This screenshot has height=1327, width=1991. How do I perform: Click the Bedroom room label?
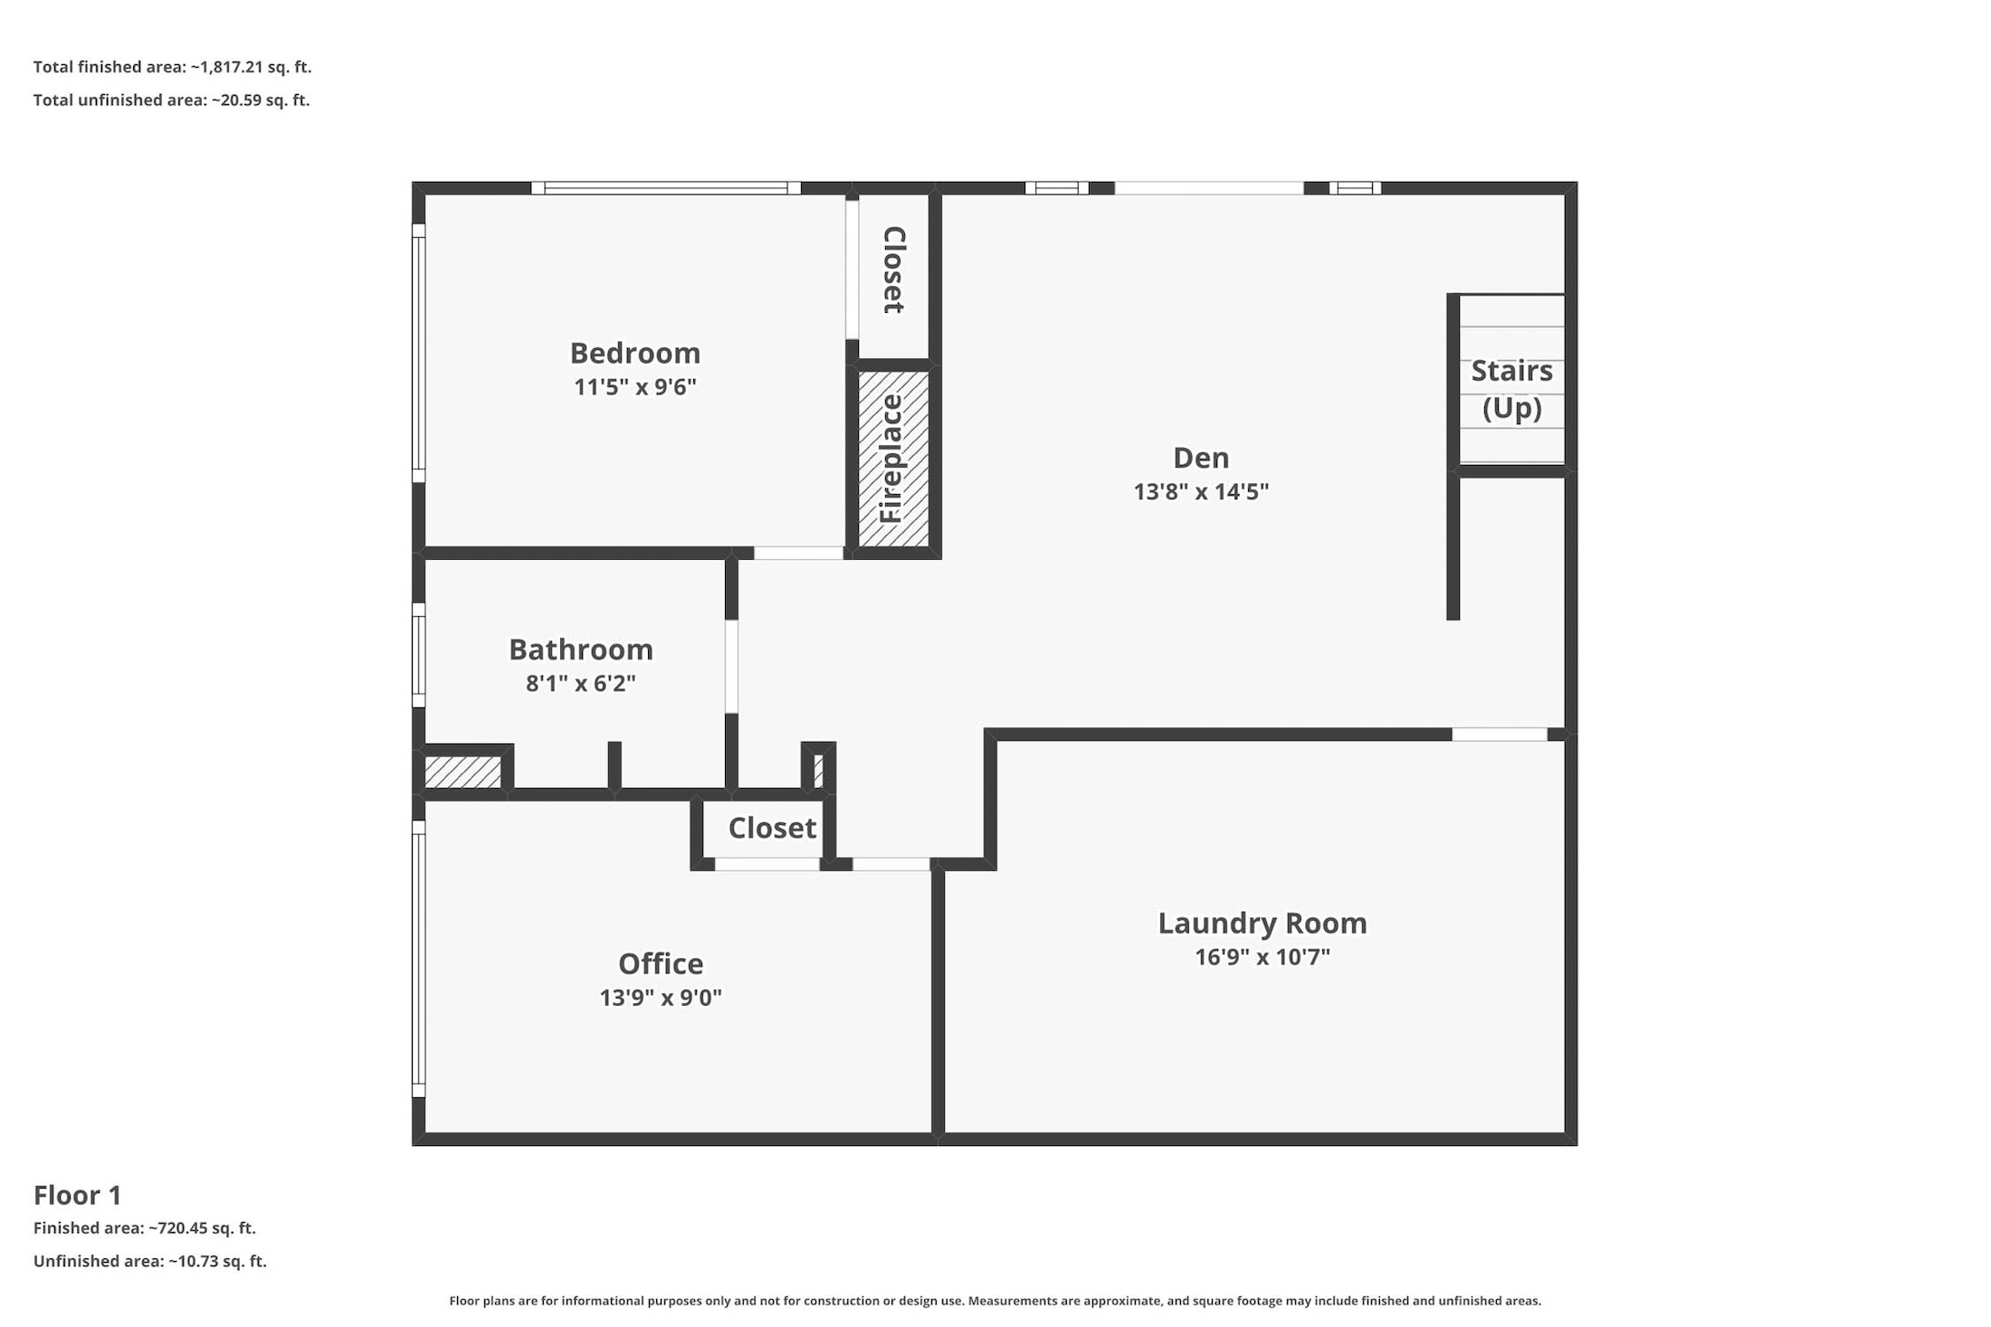click(634, 353)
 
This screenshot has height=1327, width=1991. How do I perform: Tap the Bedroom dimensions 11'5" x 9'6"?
click(634, 387)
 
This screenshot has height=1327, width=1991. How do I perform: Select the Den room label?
click(1201, 458)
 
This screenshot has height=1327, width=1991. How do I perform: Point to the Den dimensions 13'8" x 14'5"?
click(1201, 491)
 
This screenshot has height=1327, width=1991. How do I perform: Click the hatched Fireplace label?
click(892, 459)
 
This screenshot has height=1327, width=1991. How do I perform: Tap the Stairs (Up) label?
click(1511, 389)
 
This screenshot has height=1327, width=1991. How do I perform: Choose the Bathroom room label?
click(581, 649)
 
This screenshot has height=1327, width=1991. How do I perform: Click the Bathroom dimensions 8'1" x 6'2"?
click(581, 683)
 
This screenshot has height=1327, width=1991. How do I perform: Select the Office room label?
click(661, 963)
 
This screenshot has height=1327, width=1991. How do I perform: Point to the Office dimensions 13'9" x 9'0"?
click(661, 997)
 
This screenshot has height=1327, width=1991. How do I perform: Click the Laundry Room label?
click(1262, 923)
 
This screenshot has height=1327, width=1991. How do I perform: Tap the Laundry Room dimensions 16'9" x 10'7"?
click(1262, 956)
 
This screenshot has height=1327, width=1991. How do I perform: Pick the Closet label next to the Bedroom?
click(893, 270)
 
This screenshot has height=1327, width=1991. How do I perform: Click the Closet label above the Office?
click(772, 828)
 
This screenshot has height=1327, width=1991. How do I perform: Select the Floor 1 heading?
click(78, 1195)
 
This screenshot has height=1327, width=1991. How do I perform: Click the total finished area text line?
click(172, 67)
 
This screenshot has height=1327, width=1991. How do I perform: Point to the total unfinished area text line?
click(171, 100)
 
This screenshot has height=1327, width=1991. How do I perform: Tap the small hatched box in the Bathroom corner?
click(462, 772)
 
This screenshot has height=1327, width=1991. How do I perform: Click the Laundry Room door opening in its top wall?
click(1500, 735)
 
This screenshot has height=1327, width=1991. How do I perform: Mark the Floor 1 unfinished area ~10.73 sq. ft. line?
click(150, 1261)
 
